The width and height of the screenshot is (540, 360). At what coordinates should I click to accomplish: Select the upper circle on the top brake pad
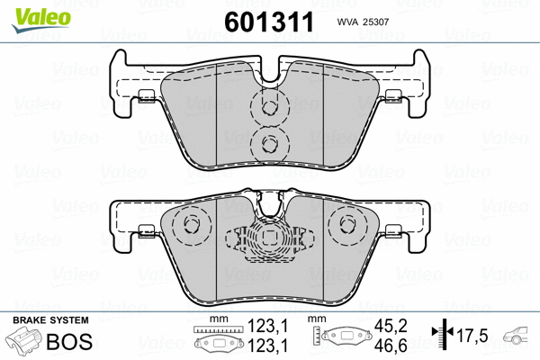click(x=267, y=105)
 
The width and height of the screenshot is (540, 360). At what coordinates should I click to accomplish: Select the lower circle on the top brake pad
click(x=267, y=141)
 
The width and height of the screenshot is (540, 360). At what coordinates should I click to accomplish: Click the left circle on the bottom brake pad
click(x=191, y=227)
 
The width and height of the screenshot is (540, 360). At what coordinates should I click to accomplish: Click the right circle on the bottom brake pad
click(x=345, y=227)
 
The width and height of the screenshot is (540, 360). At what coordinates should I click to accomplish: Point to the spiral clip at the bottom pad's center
click(x=267, y=239)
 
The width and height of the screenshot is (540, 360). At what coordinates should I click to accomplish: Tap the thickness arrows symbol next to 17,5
click(x=441, y=337)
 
